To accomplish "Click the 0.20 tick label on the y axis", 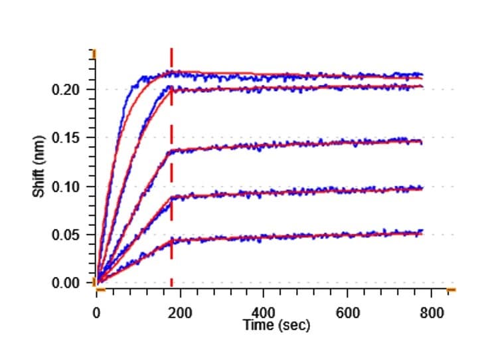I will pos(66,90).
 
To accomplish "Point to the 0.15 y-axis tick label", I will pos(66,138).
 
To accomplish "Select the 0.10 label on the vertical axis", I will pos(66,187).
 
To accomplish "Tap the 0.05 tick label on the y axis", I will pos(66,235).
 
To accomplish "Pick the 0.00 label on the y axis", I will pos(66,283).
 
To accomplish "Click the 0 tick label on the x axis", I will pos(96,314).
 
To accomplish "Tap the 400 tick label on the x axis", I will pos(264,314).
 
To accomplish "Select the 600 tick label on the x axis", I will pos(348,314).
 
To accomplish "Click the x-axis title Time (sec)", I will pos(276,325).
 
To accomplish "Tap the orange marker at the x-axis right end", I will pos(451,290).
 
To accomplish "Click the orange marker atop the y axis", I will pos(94,52).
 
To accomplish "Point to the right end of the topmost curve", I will pos(422,75).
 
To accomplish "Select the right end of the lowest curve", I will pos(422,232).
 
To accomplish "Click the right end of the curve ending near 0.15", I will pos(422,141).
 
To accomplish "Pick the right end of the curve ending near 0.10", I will pos(422,189).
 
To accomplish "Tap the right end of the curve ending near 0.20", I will pos(422,86).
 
